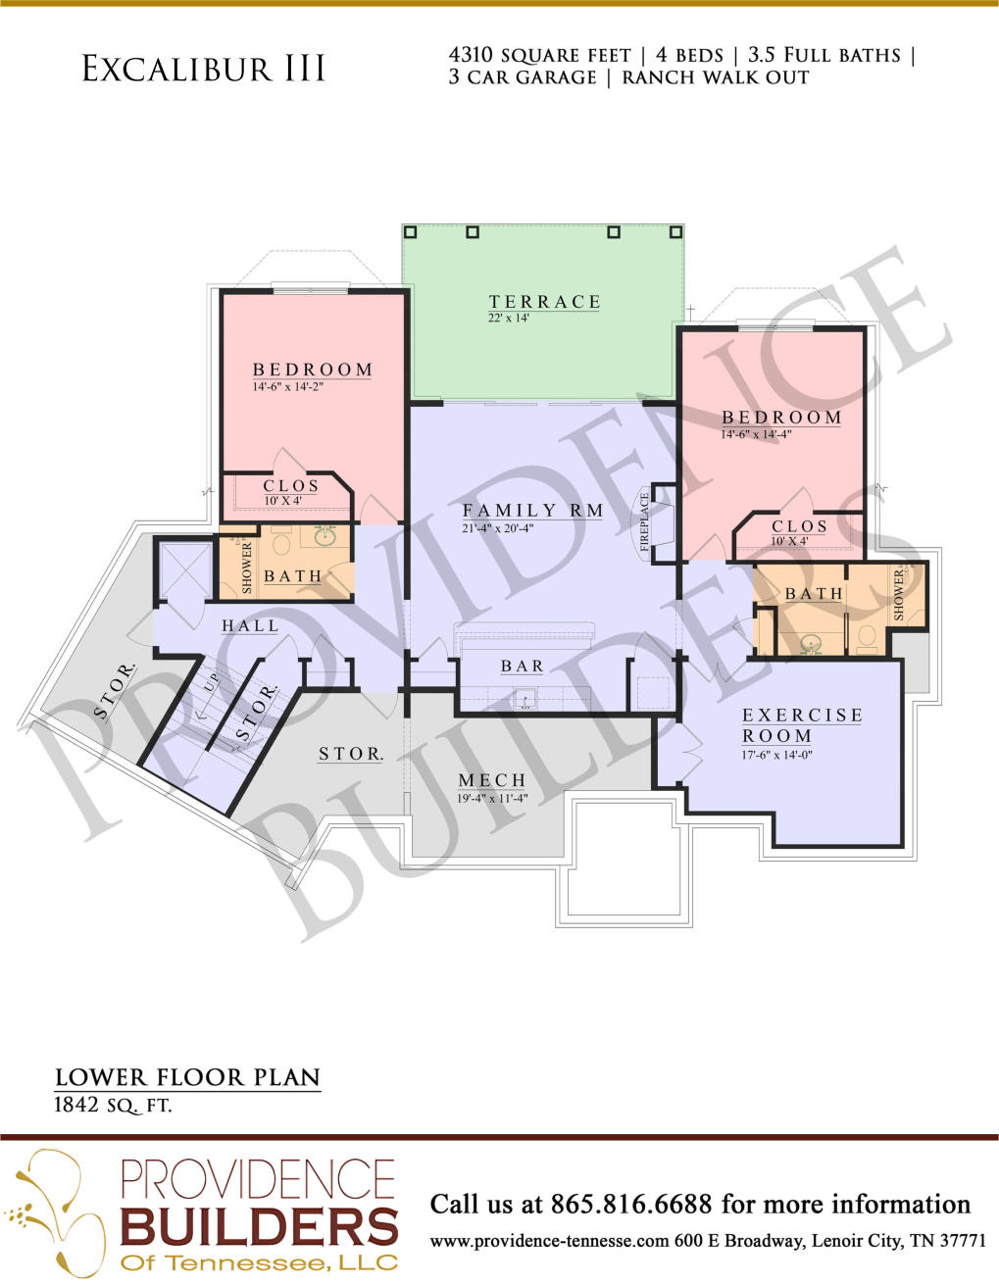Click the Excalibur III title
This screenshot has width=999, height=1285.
[x=204, y=69]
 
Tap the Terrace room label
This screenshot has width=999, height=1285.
[x=545, y=302]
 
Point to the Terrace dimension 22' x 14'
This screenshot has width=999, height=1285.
[x=509, y=318]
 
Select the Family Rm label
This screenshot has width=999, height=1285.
[x=533, y=510]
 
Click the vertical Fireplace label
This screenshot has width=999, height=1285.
[x=645, y=521]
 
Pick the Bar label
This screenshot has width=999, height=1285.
[x=523, y=666]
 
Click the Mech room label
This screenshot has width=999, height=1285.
[x=492, y=780]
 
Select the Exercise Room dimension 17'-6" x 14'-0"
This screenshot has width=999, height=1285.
[x=777, y=755]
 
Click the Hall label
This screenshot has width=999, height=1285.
[x=250, y=625]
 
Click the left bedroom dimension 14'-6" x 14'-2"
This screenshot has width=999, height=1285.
[x=288, y=387]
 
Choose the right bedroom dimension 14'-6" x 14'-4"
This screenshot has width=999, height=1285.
[x=757, y=434]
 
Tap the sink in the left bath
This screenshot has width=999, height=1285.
[x=324, y=535]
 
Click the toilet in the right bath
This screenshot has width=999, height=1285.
[x=867, y=636]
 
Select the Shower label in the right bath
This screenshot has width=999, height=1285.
[x=899, y=595]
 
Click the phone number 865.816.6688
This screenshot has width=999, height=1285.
[x=631, y=1204]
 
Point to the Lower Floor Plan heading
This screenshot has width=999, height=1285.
[x=187, y=1077]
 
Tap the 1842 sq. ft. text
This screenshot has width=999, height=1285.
[x=113, y=1105]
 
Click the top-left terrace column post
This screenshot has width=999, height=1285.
[x=410, y=231]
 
